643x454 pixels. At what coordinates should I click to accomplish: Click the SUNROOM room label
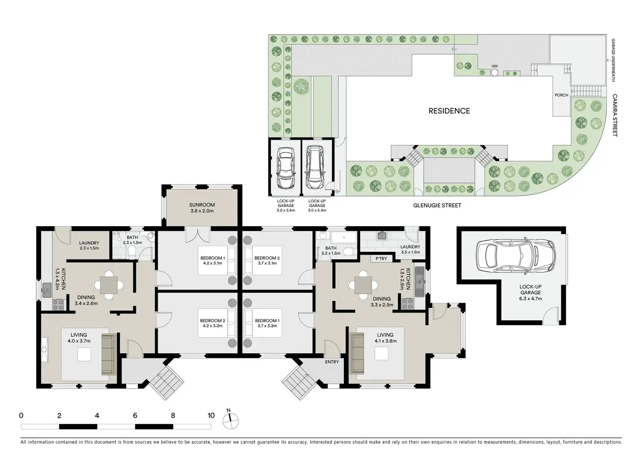pos(202,205)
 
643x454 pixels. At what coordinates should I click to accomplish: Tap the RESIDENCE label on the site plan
pos(449,111)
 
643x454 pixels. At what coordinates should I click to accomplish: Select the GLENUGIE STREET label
pos(437,205)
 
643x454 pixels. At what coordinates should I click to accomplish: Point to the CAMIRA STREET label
pos(615,115)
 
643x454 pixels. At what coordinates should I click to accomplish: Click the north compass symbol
pos(231,420)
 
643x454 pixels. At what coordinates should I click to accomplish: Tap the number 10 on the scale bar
pos(211,415)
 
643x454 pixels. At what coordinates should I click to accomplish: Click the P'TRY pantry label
pos(381,258)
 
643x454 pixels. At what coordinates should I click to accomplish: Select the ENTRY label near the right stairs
pos(332,362)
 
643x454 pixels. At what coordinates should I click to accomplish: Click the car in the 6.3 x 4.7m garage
pos(515,255)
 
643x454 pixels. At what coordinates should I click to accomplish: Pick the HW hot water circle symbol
pos(494,72)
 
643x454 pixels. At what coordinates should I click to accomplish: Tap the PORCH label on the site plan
pos(561,95)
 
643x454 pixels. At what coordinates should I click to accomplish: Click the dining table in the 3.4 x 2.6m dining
pos(109,285)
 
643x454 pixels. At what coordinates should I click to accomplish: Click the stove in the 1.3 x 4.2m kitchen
pos(58,305)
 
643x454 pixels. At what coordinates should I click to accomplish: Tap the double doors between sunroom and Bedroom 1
pos(198,234)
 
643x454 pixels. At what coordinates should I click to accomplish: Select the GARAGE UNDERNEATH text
pos(613,60)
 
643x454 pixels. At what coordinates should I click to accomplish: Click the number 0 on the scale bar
pos(21,415)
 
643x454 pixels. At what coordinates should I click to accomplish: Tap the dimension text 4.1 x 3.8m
pos(386,341)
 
